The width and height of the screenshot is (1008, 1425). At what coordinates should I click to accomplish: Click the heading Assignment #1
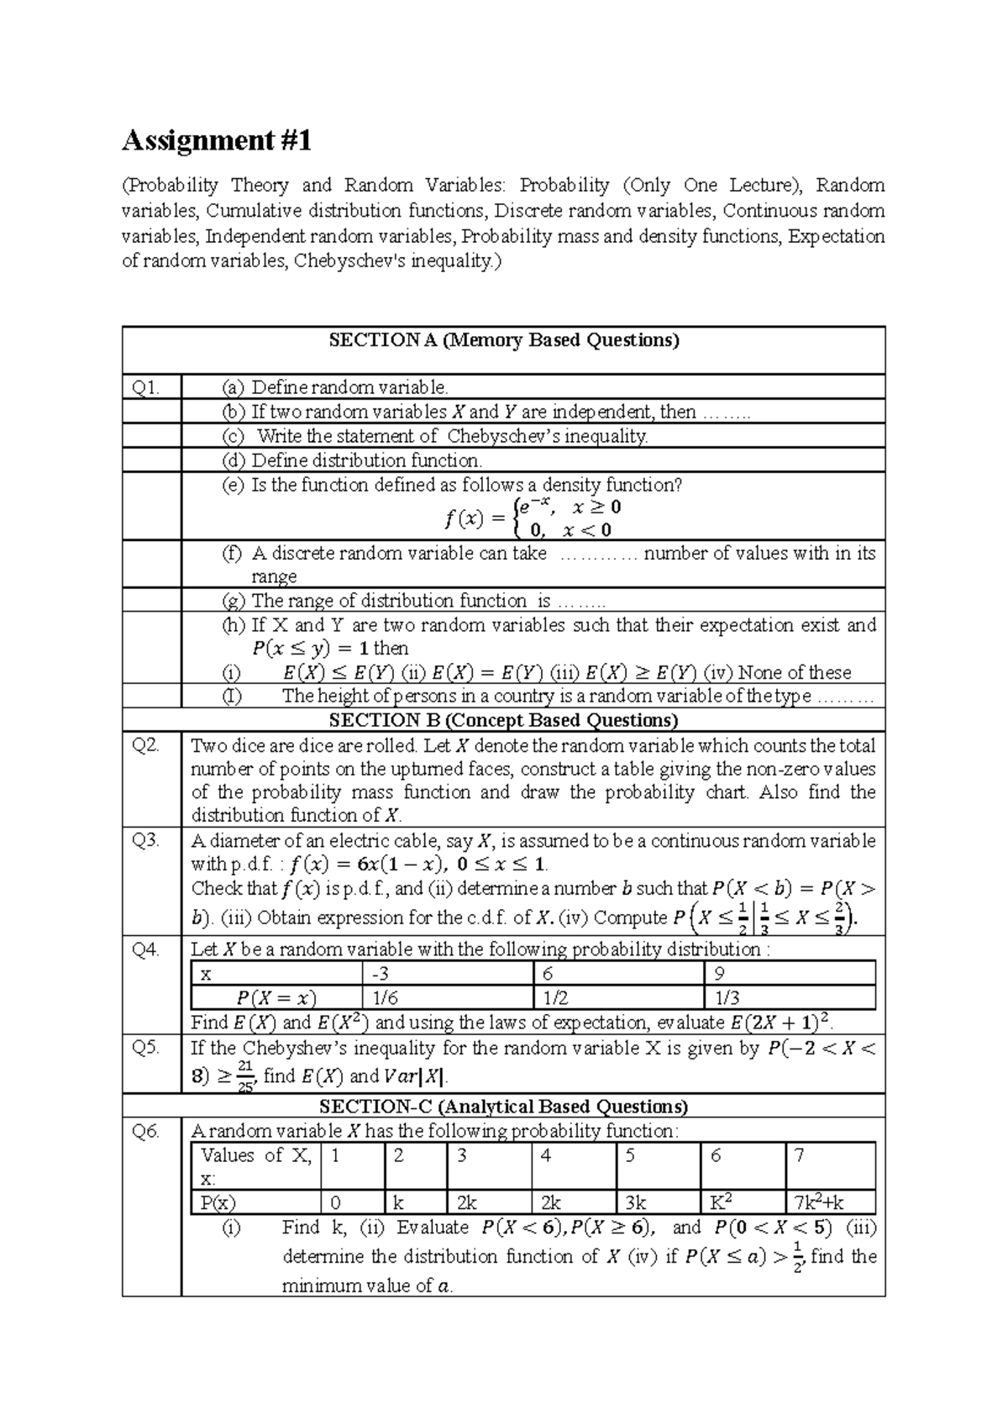tap(217, 140)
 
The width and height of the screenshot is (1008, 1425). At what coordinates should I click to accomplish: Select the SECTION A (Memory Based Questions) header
tap(503, 340)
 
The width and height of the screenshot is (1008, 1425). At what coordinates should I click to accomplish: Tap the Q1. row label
tap(146, 387)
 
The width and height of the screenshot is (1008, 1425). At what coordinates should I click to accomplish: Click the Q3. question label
tap(145, 840)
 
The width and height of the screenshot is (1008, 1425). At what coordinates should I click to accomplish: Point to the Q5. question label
tap(145, 1048)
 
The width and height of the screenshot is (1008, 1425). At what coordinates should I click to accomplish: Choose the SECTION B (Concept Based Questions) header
tap(503, 720)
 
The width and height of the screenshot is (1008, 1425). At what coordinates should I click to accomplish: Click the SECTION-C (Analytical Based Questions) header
tap(503, 1106)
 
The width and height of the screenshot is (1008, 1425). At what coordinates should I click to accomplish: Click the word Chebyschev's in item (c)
tap(504, 436)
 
